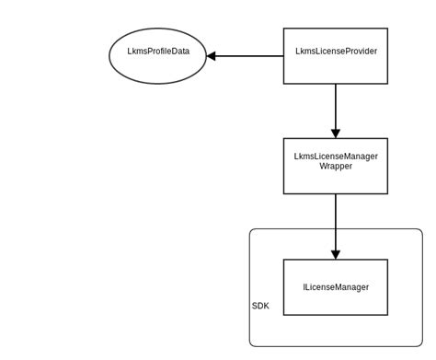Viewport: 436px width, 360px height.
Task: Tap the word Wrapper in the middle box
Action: [335, 167]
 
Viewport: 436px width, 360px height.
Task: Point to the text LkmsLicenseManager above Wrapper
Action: [335, 157]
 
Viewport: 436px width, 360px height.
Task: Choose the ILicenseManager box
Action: [335, 287]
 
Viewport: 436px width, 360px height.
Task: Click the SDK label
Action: [261, 306]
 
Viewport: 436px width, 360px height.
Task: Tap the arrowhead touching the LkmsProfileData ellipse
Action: [212, 56]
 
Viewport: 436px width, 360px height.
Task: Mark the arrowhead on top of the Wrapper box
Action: [336, 133]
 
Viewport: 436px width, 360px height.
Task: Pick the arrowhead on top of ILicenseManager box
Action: [336, 253]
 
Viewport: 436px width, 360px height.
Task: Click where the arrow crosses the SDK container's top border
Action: [336, 229]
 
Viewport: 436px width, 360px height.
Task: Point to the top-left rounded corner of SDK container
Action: [252, 232]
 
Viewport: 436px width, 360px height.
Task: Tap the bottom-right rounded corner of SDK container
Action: [419, 343]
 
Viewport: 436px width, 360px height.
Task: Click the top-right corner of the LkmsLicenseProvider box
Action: [387, 29]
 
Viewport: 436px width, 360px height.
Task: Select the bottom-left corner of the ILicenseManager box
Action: [283, 315]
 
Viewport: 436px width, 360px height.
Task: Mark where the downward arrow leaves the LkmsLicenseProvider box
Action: [336, 84]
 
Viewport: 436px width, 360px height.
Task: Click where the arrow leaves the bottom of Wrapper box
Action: [336, 194]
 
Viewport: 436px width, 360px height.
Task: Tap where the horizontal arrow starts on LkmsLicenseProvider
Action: [283, 56]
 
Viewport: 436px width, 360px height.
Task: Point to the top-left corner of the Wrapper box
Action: [283, 139]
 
